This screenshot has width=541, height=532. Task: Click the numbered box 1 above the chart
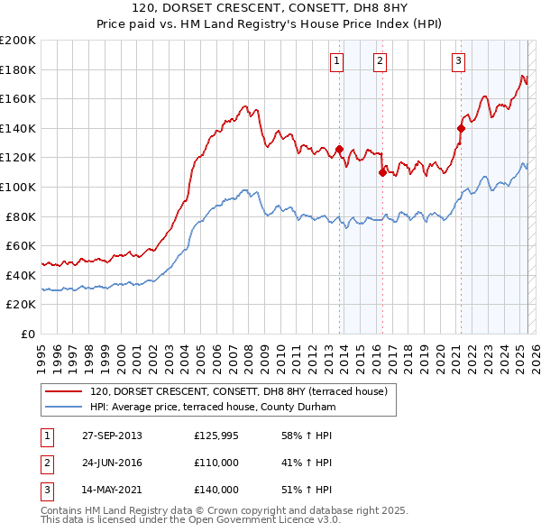pos(336,61)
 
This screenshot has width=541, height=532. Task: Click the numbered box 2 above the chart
pos(380,61)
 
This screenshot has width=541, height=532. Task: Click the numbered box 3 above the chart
pos(458,61)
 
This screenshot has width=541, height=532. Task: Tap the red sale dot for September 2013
pos(340,149)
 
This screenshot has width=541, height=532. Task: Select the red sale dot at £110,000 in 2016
pos(382,172)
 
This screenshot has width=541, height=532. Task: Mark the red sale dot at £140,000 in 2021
pos(461,128)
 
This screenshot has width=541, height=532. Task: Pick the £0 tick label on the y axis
pos(29,334)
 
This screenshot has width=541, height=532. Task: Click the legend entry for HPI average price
pos(213,407)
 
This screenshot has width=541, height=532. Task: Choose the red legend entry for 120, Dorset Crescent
pos(238,391)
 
